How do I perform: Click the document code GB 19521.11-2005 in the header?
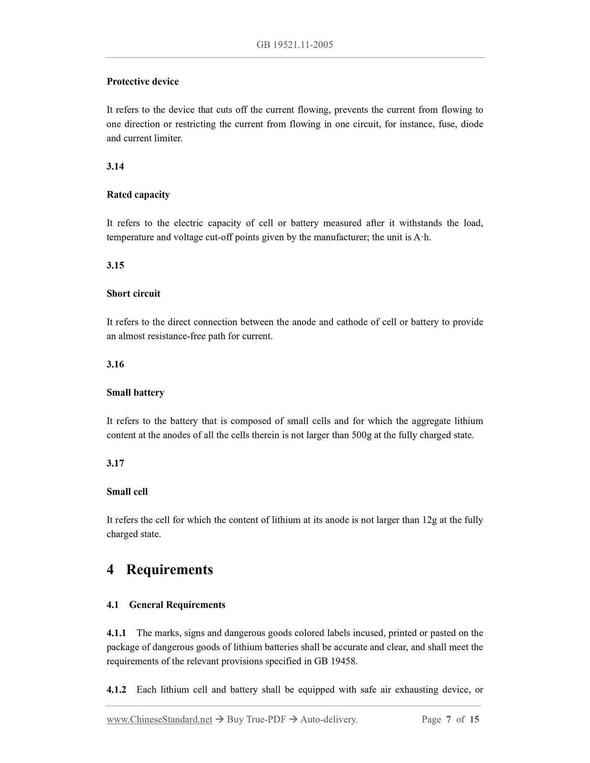tap(294, 45)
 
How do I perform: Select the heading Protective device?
tap(142, 82)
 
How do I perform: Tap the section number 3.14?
tap(115, 166)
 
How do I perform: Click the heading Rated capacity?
tap(138, 195)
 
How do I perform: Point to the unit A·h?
tap(422, 237)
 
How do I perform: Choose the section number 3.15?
tap(115, 266)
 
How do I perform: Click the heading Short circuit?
tap(133, 294)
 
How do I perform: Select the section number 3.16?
tap(115, 364)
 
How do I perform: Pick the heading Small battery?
tap(135, 393)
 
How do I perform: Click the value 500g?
tap(361, 435)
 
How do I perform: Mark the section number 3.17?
tap(115, 464)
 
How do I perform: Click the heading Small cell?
tap(127, 492)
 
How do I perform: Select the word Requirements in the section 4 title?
tap(169, 570)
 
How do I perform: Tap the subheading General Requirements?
tap(177, 605)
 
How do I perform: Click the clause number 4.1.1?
tap(116, 633)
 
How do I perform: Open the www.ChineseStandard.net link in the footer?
tap(159, 719)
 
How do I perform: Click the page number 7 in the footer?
tap(448, 719)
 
